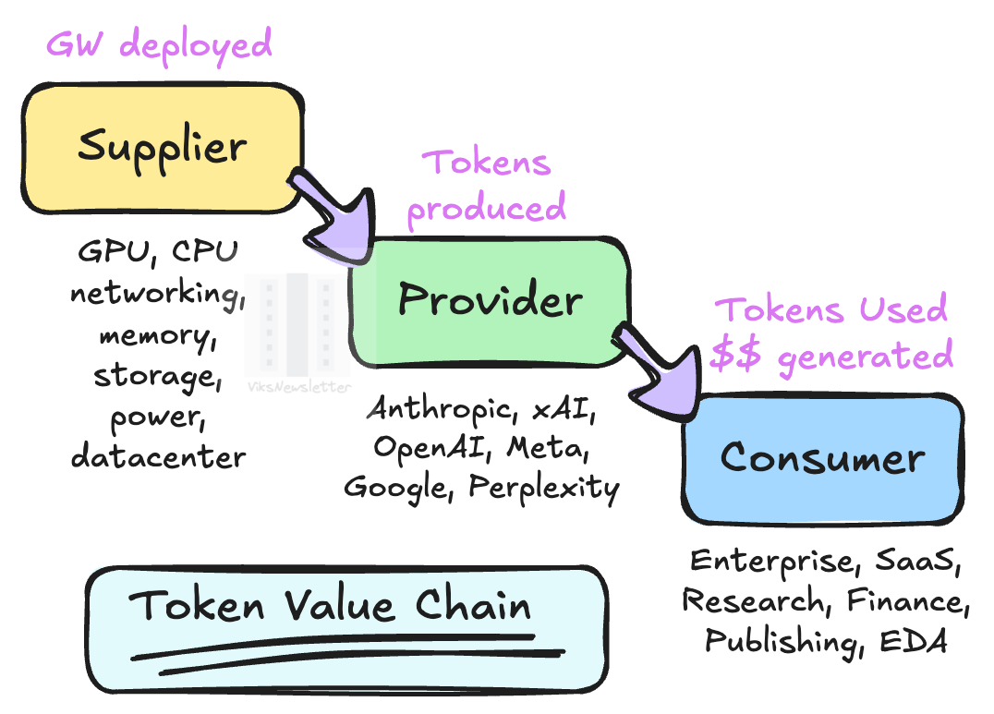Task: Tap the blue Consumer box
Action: coord(822,457)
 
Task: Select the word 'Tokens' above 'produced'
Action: coord(486,163)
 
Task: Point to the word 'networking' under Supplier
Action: coord(153,295)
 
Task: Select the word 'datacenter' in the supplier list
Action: coord(158,456)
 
